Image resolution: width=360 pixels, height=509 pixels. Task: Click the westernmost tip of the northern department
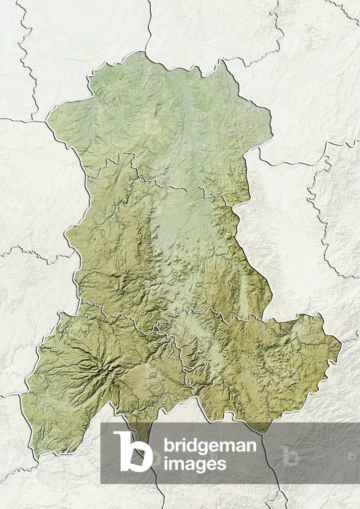(x=47, y=120)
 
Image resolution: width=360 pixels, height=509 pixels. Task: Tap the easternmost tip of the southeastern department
(x=341, y=342)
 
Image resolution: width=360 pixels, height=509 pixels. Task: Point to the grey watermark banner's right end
(x=358, y=453)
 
